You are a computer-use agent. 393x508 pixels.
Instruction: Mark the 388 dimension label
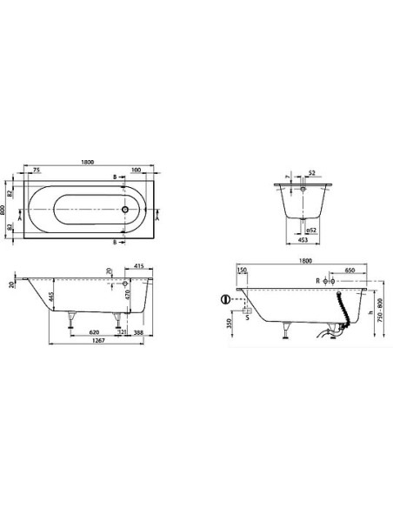[x=140, y=332]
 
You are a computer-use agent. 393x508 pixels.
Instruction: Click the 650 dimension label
[x=348, y=271]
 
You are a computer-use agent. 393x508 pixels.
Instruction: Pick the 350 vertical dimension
[x=229, y=324]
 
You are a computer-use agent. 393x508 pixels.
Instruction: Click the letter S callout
[x=250, y=317]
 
